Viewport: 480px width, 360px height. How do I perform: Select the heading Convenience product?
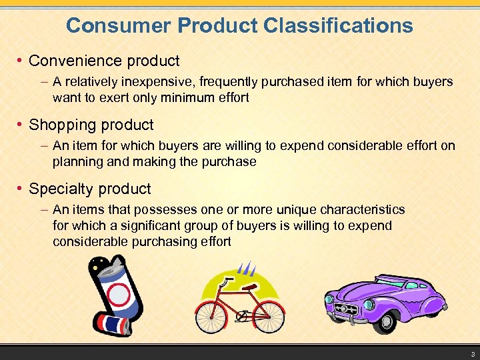point(104,61)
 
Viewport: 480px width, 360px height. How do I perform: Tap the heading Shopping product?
point(91,125)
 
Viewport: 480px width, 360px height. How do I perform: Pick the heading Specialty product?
point(90,189)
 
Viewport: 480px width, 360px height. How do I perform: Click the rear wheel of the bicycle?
point(211,317)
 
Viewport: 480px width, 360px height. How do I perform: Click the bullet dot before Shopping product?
point(21,125)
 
